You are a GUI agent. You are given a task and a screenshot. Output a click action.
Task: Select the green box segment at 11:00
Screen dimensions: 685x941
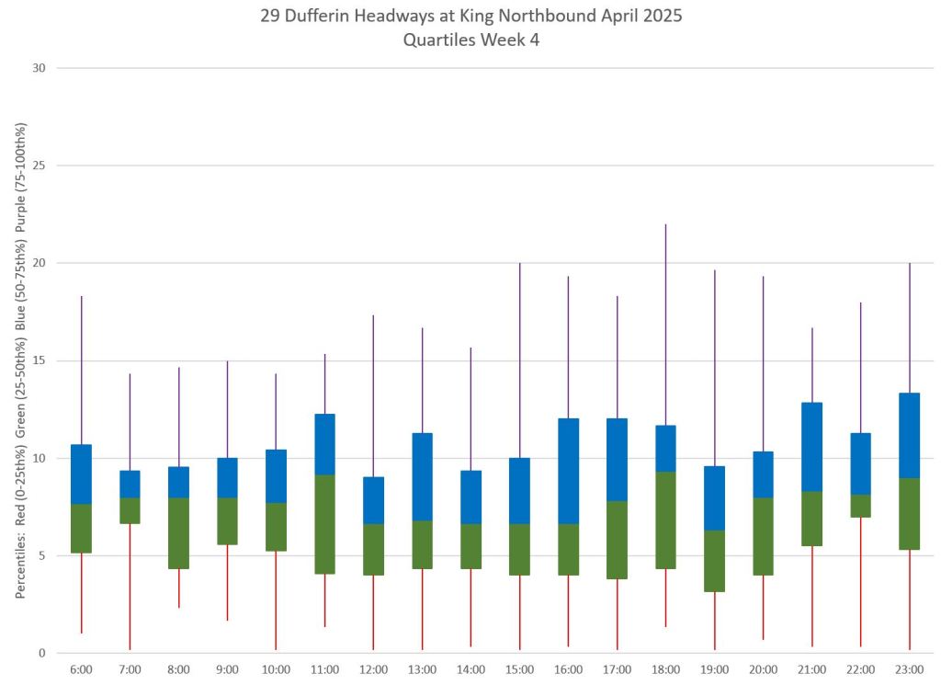[324, 524]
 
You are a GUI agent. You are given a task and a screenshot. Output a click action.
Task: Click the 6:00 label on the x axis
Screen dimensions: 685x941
[81, 669]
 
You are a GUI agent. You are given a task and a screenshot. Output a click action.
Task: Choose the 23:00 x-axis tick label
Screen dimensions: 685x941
[909, 669]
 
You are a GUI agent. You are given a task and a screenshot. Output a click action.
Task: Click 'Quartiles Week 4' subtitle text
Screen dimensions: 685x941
[470, 40]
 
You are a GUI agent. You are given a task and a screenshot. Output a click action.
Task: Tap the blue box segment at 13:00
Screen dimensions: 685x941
[422, 476]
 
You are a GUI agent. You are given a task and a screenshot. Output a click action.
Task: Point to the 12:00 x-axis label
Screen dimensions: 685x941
[373, 669]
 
